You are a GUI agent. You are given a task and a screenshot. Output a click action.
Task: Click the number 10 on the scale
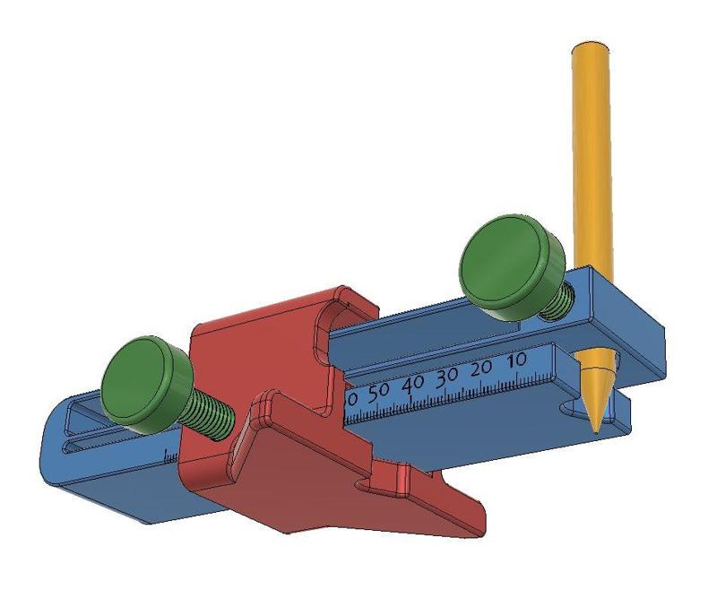point(515,360)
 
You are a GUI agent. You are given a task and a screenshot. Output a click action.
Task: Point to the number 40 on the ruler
point(412,383)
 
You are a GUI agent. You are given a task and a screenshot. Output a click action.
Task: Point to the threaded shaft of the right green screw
point(555,302)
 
